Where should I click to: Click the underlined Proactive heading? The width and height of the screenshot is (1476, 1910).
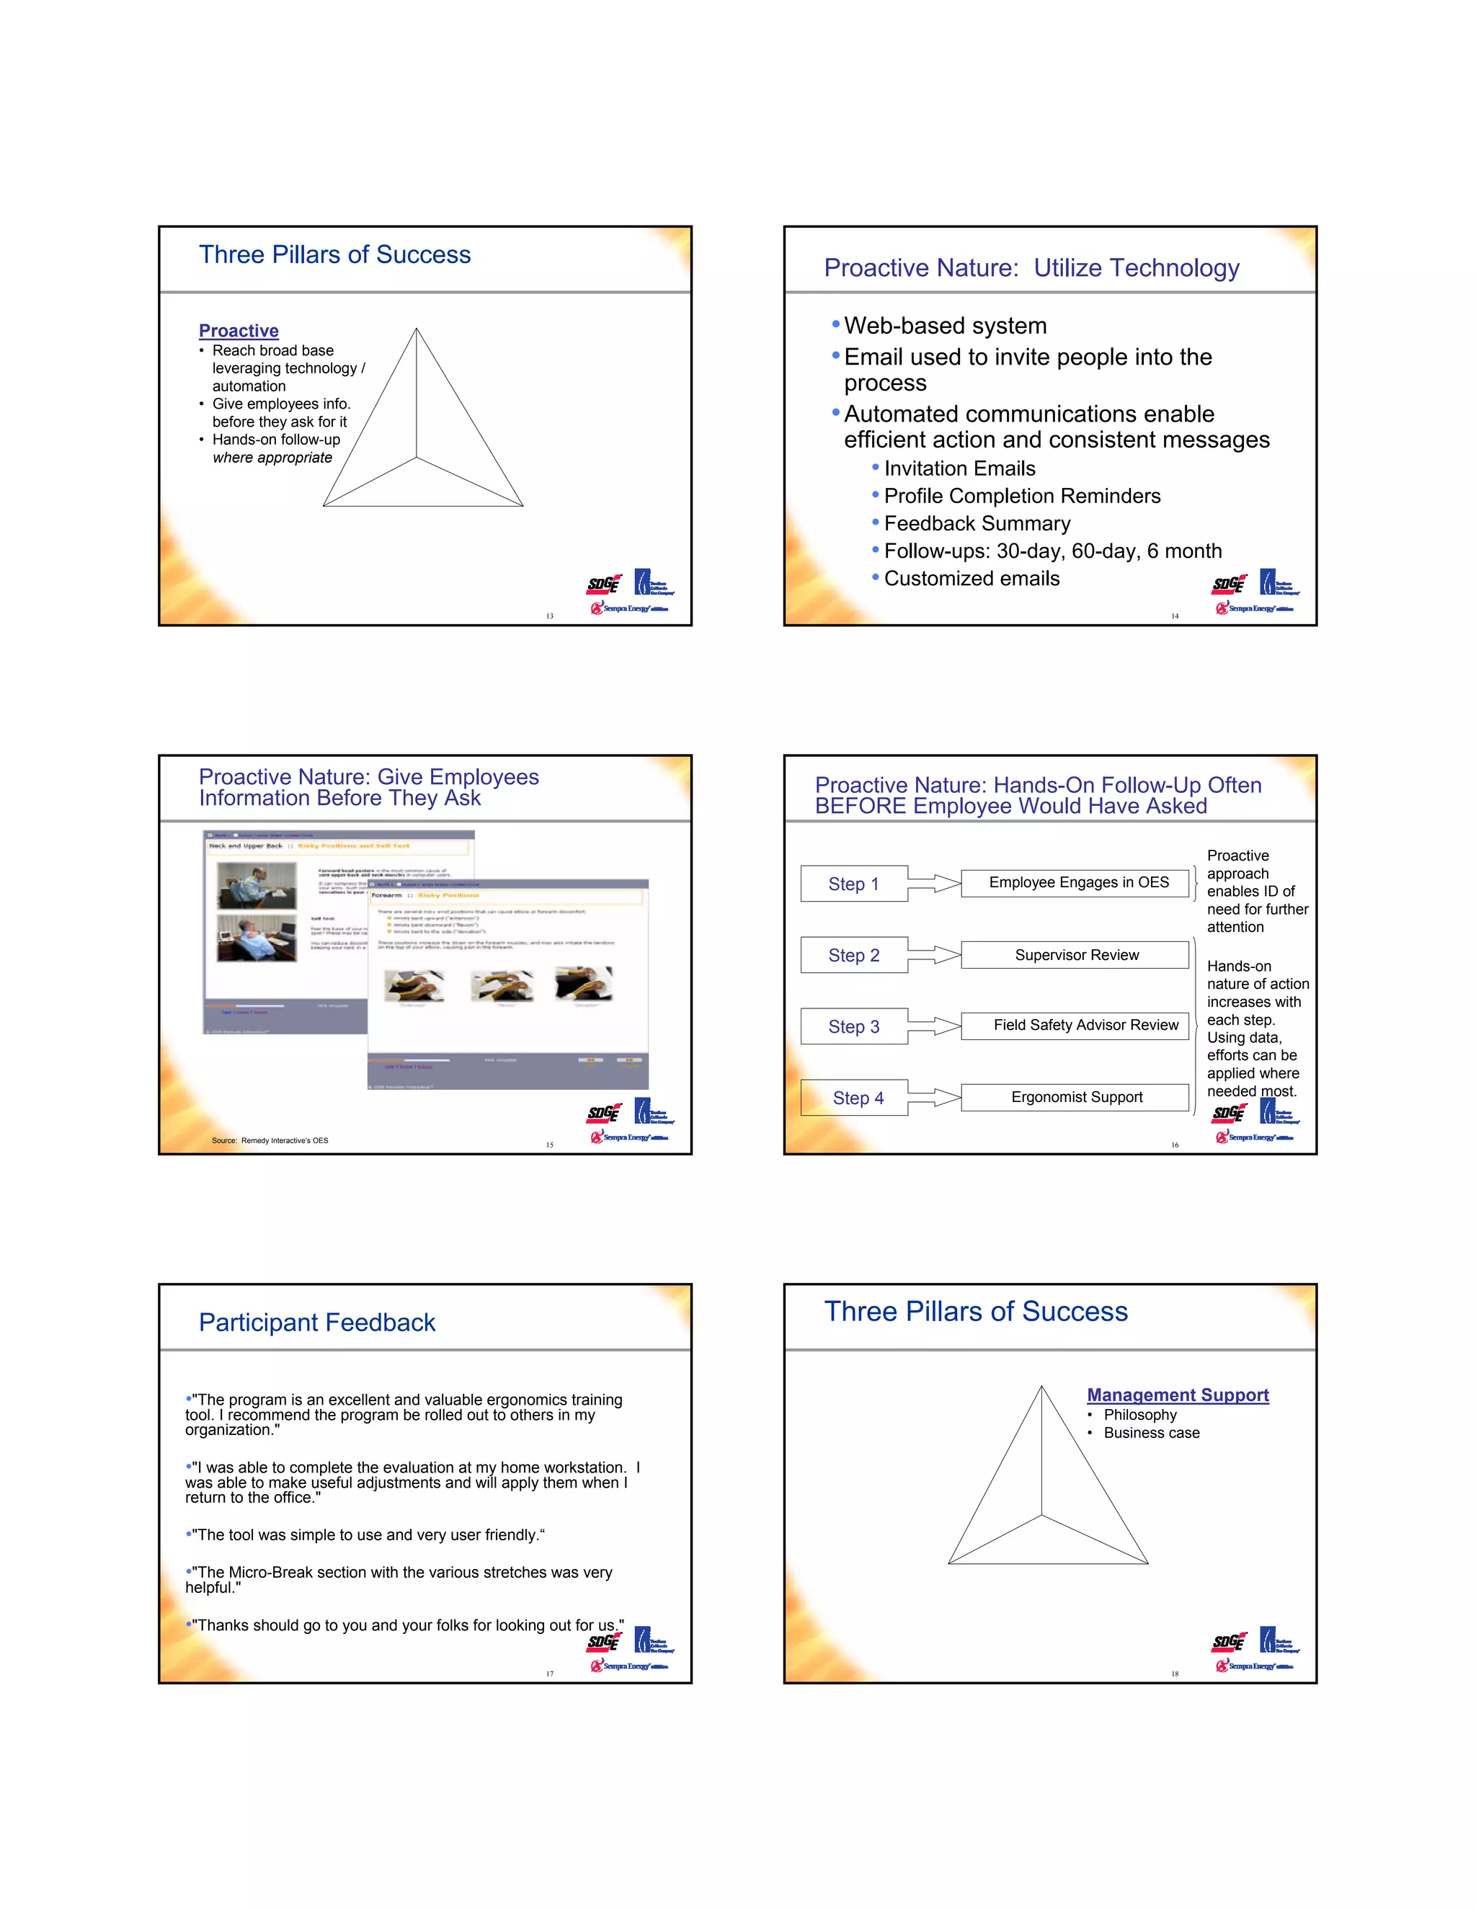239,331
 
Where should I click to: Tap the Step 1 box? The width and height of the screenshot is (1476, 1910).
853,884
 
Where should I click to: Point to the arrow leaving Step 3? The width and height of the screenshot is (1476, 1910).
934,1026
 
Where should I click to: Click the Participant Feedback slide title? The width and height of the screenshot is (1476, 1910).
316,1323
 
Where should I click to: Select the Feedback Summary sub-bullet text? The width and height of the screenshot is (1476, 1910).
977,524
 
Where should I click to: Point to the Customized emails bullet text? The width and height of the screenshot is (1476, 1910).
972,579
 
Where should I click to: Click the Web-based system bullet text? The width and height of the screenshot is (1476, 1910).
946,327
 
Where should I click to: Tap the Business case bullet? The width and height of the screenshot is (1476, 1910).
1151,1434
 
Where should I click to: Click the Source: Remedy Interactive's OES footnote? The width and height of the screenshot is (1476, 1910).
270,1140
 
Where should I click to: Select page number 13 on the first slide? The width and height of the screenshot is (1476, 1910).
549,616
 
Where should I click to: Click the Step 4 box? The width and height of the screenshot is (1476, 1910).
857,1098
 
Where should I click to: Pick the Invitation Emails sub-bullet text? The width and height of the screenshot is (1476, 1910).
959,468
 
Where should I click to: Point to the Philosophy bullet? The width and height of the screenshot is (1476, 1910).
1139,1415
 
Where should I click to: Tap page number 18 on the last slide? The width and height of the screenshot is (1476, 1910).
1174,1674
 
